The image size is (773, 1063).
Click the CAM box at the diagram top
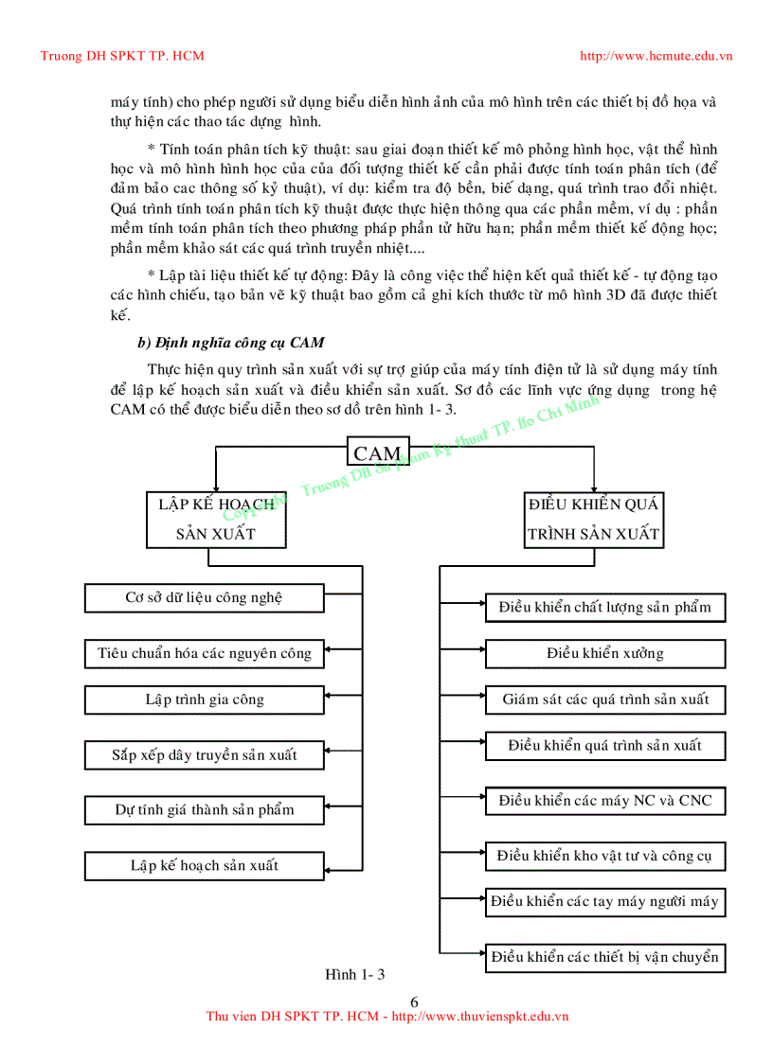(x=378, y=453)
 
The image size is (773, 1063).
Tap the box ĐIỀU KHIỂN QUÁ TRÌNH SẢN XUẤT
(x=594, y=519)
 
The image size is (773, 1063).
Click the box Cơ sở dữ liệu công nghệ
(x=205, y=598)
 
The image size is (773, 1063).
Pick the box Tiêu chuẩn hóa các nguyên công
(x=205, y=653)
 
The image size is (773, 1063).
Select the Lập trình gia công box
(x=205, y=700)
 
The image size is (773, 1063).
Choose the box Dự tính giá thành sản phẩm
(x=205, y=810)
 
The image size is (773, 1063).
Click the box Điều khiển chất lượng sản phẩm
(x=605, y=608)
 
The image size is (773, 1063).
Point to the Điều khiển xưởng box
(x=605, y=653)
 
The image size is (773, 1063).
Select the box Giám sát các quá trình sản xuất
(x=605, y=700)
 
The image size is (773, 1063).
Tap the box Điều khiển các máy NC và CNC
(x=605, y=801)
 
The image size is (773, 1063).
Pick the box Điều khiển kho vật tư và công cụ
(x=605, y=857)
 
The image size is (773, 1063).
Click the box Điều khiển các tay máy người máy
(x=605, y=901)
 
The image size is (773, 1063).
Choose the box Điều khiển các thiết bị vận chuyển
(x=605, y=957)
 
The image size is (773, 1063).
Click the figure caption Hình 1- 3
(x=356, y=975)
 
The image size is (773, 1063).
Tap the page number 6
(x=414, y=1002)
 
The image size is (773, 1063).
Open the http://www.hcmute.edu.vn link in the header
(x=656, y=56)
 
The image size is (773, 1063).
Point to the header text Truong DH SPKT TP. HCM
(x=122, y=56)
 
